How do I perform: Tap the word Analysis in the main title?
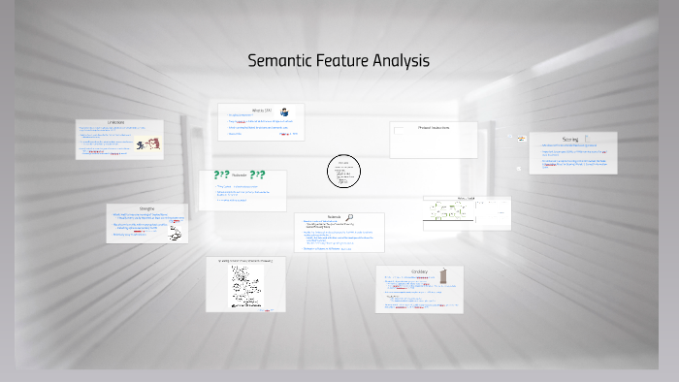(400, 61)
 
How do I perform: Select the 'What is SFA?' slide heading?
(262, 111)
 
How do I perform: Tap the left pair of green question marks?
(221, 175)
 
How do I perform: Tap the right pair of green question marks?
(257, 175)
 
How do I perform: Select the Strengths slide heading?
(146, 208)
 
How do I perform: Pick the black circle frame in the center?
(343, 172)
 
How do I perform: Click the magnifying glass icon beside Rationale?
(349, 218)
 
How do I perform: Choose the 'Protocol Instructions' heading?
(434, 128)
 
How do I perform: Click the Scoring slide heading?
(570, 139)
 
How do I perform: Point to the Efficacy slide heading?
(419, 271)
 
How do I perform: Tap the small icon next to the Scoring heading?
(587, 139)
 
